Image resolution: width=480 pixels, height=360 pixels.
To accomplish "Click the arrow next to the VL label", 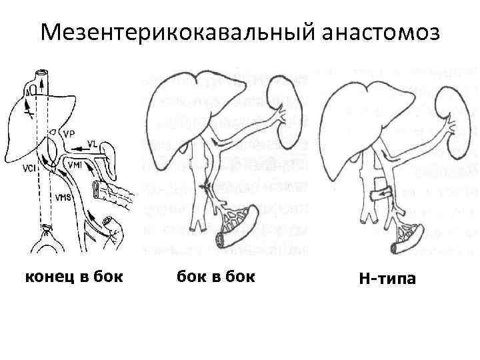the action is point(82,144).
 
